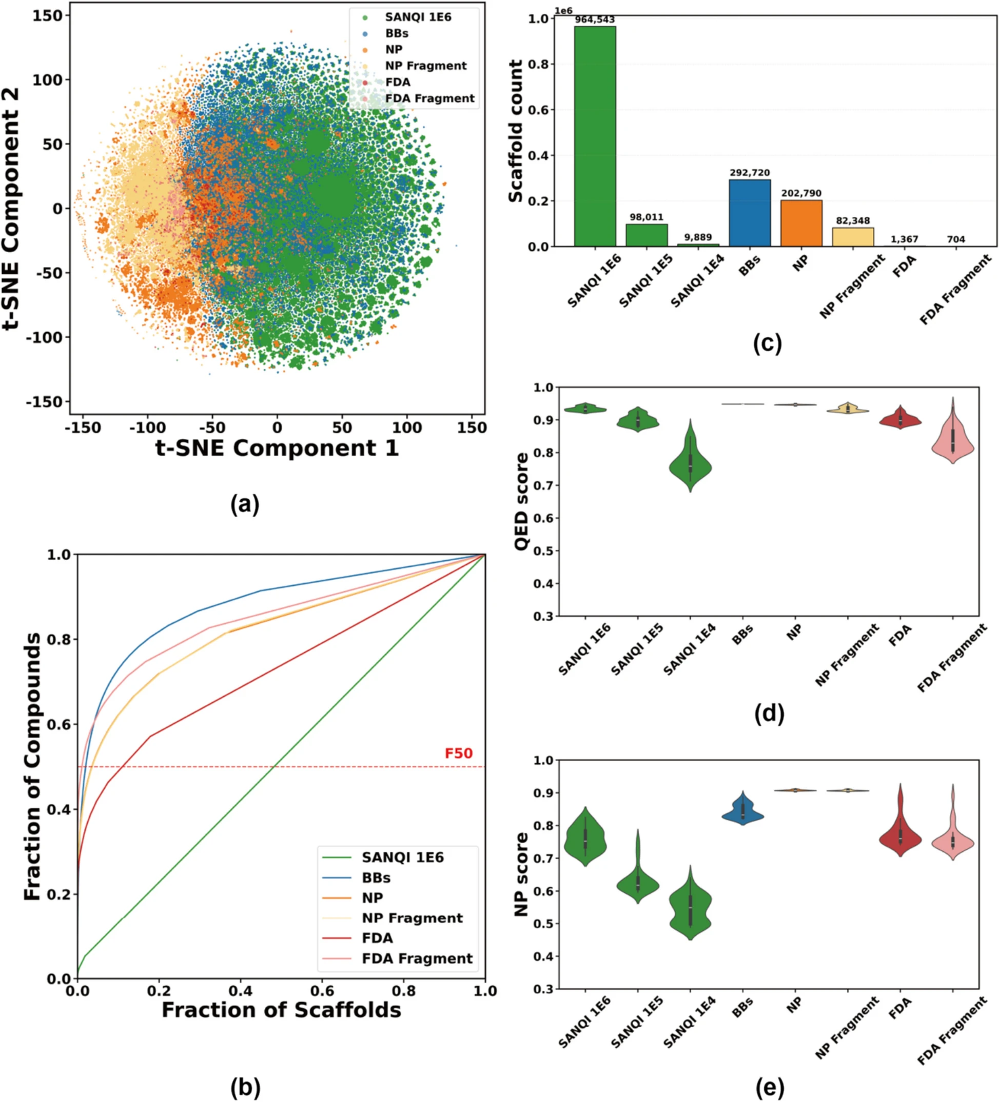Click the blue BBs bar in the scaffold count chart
pos(750,213)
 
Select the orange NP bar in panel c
pos(801,223)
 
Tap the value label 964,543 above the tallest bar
pos(595,20)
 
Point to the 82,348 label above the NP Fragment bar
pos(853,221)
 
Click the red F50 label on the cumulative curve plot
pos(459,753)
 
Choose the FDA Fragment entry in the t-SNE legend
pos(430,98)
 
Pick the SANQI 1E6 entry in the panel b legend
pos(403,857)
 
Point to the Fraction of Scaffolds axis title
pos(281,1010)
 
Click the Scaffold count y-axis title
pos(516,131)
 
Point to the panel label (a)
pos(245,504)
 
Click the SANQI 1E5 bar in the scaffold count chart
pos(647,235)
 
